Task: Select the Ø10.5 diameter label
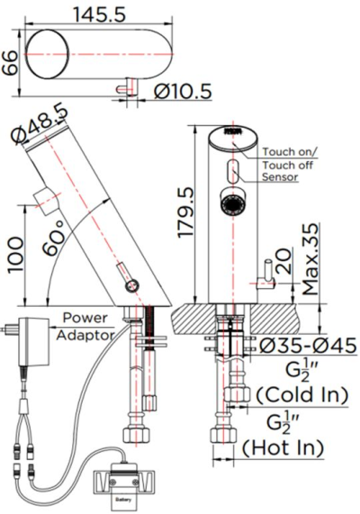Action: click(x=184, y=90)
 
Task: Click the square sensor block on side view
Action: click(x=42, y=200)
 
